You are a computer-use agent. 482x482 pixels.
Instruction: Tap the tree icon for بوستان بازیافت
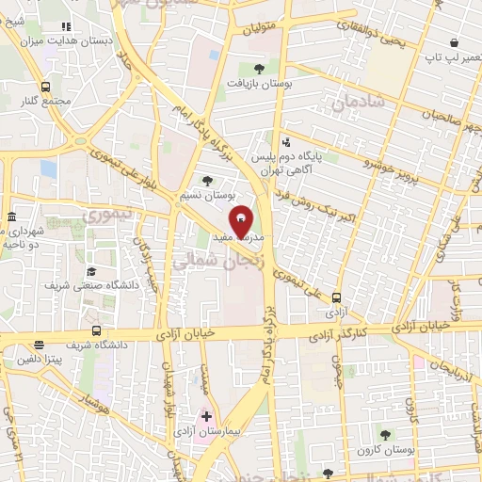(x=260, y=68)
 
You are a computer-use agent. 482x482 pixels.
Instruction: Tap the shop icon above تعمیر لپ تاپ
(x=455, y=42)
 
